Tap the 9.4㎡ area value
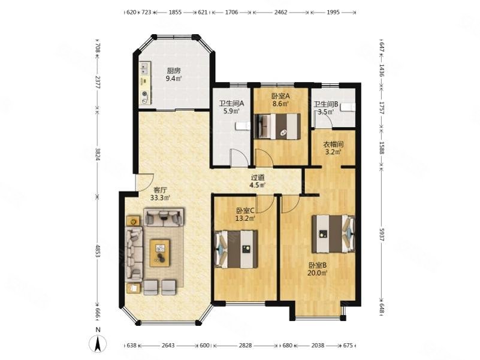click(x=174, y=78)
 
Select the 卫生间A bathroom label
click(x=230, y=102)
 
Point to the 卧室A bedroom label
click(x=280, y=96)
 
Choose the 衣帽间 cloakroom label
click(x=333, y=144)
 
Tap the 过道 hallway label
click(x=258, y=177)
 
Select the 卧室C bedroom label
click(x=245, y=210)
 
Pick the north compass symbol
click(x=97, y=343)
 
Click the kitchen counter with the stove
click(x=145, y=84)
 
